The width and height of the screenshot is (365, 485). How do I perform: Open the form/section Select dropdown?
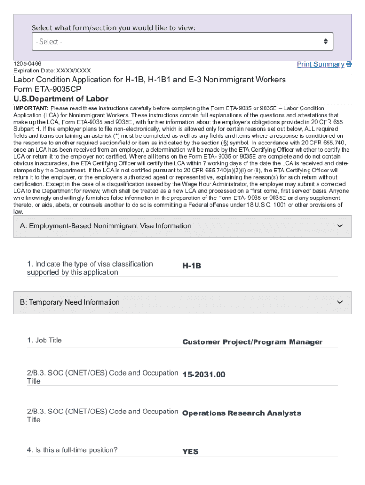(182, 42)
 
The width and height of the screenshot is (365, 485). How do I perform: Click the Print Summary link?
(320, 64)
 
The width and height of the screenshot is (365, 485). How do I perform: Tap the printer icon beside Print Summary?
(349, 64)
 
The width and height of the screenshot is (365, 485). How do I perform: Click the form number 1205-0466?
(27, 63)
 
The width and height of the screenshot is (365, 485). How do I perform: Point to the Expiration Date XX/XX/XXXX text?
(52, 71)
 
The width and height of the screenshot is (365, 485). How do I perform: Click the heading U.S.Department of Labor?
(61, 99)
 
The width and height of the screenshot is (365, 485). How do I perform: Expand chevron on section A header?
(339, 226)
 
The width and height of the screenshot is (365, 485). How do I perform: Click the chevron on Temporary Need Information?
(339, 302)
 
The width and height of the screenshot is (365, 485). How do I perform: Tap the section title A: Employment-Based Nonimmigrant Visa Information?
(106, 226)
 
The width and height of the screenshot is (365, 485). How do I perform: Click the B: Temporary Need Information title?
(70, 302)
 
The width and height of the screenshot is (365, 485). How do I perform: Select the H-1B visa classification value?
(192, 266)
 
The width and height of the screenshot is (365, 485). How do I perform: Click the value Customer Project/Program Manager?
(252, 342)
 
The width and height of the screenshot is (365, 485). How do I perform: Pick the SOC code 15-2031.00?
(204, 375)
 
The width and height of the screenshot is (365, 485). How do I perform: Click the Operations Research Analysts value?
(241, 413)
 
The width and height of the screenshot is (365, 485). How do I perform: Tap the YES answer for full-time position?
(190, 452)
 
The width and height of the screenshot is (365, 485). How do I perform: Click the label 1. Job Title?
(45, 340)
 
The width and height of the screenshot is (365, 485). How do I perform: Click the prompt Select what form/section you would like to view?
(113, 27)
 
